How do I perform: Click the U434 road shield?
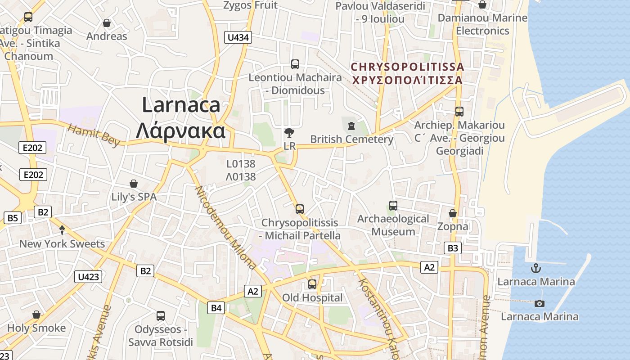[x=238, y=37]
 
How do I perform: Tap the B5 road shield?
[x=13, y=218]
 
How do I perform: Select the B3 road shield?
[x=453, y=247]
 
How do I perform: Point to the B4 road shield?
[x=216, y=308]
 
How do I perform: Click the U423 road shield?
[x=88, y=277]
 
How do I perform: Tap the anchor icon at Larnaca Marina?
[x=535, y=269]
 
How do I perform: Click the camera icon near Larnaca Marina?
[x=539, y=303]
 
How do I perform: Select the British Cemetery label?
[x=352, y=139]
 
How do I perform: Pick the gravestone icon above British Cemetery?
[x=351, y=125]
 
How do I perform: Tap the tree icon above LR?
[x=289, y=133]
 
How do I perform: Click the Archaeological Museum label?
[x=393, y=225]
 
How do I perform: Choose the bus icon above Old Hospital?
[x=312, y=284]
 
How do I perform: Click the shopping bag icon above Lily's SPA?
[x=134, y=184]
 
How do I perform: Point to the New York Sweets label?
[x=62, y=244]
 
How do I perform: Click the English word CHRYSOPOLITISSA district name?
[x=407, y=67]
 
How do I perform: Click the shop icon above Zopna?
[x=453, y=213]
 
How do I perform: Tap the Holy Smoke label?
[x=36, y=328]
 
